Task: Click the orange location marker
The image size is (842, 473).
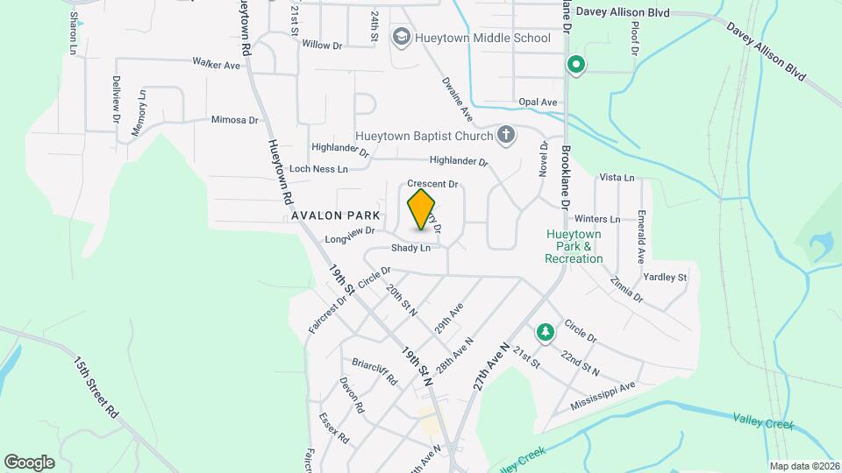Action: pos(422,209)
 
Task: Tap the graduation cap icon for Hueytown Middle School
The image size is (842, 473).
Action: pos(401,38)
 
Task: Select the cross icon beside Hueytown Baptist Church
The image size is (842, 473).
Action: pos(505,135)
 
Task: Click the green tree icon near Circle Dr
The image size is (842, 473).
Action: pos(546,332)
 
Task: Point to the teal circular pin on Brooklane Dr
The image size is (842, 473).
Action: pos(575,64)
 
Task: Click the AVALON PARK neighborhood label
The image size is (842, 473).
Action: pos(336,215)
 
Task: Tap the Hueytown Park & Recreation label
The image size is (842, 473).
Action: pos(574,246)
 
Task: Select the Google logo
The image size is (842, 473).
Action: pos(29,462)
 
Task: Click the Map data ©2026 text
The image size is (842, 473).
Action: pos(803,466)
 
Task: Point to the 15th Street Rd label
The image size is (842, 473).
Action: pos(96,386)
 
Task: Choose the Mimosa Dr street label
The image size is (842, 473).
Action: pos(234,120)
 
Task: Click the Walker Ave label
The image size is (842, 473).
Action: pos(216,64)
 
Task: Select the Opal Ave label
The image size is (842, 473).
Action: pos(538,102)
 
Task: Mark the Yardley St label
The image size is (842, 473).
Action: pos(665,277)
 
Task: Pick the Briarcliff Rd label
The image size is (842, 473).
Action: pos(375,371)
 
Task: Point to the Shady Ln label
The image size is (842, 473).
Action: pos(410,248)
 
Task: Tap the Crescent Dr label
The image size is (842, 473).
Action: pos(432,184)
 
